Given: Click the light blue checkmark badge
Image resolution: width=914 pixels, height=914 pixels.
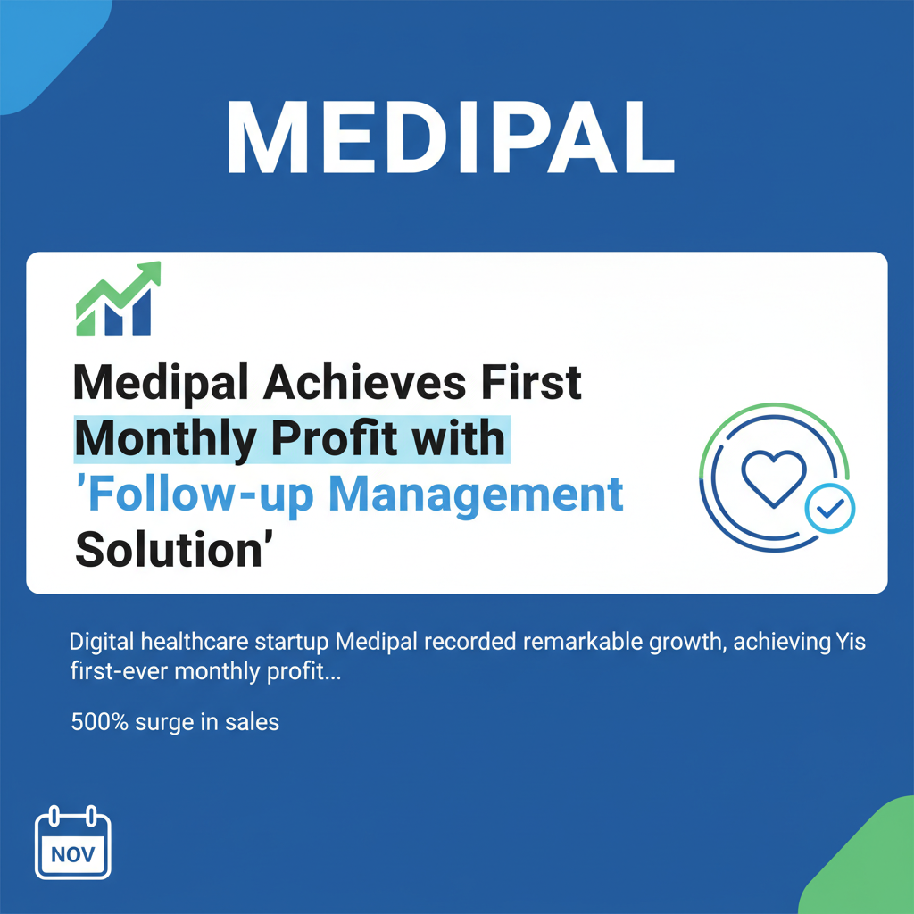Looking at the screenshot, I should coord(830,509).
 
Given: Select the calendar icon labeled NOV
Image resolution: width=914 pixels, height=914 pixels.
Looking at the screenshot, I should coord(71,844).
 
